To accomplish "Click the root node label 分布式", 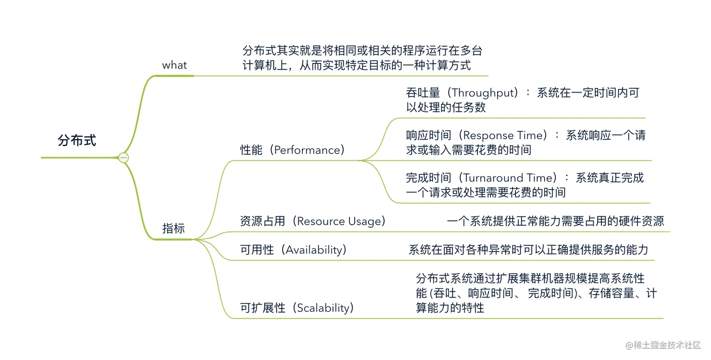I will point(77,140).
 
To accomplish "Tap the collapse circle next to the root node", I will point(124,158).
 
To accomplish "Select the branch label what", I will point(174,65).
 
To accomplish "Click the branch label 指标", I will point(174,229).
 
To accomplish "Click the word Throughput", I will point(484,93).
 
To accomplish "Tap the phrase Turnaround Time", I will point(508,178).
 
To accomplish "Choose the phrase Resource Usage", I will point(341,221).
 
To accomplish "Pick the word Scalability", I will point(324,308).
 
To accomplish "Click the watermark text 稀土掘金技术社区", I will point(668,345).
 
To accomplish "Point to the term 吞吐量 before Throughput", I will point(423,93).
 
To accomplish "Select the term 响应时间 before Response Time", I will point(428,135).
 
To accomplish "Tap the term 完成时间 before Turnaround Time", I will point(428,178).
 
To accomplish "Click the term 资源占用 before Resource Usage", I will point(262,221).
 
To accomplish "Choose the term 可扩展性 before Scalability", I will point(262,308).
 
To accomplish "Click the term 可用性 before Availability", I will point(257,250).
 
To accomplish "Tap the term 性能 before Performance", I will point(251,150).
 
